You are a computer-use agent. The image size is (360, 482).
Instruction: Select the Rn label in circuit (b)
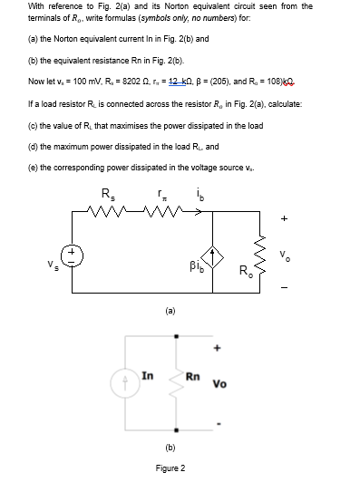click(192, 376)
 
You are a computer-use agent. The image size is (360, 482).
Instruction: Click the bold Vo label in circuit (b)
click(220, 384)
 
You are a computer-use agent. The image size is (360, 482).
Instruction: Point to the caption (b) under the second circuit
click(170, 448)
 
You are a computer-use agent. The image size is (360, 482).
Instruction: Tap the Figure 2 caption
click(170, 468)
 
